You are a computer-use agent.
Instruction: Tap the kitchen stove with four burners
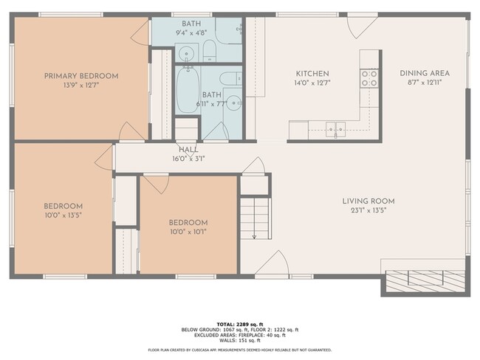pos(369,78)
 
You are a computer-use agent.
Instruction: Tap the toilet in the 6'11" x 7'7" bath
pos(229,77)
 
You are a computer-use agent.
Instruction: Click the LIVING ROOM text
pos(368,201)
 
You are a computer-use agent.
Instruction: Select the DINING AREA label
pos(424,73)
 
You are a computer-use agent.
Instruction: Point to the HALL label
pos(188,149)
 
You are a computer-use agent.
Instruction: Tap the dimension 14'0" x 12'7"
pos(312,83)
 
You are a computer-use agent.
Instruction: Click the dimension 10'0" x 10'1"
pos(188,232)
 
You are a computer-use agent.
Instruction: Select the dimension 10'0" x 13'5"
pos(63,216)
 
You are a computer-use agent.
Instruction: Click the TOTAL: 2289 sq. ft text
pos(239,324)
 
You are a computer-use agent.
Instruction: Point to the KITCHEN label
pos(312,74)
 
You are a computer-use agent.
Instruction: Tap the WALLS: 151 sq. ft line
pos(239,340)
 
